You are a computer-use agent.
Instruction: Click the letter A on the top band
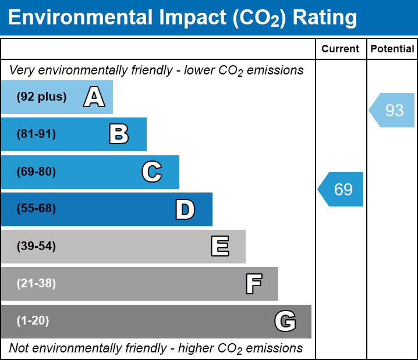(x=94, y=97)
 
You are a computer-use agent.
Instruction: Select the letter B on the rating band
(x=119, y=134)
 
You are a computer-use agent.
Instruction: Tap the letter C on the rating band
(x=151, y=172)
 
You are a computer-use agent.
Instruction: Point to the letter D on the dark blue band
(x=185, y=209)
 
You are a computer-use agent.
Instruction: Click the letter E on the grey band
(x=219, y=247)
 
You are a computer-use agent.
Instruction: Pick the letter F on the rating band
(x=253, y=284)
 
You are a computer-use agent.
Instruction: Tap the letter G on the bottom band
(x=285, y=321)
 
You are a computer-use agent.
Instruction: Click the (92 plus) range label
(x=41, y=97)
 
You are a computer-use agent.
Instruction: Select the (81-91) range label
(x=36, y=134)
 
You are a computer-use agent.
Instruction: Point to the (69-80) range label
(x=36, y=172)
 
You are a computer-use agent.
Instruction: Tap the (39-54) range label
(x=36, y=247)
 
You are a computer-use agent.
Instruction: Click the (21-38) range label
(x=36, y=284)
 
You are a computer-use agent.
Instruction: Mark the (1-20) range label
(x=33, y=321)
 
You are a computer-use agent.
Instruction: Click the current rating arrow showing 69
(x=342, y=189)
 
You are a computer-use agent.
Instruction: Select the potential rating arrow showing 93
(x=393, y=110)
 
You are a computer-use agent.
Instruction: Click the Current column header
(x=341, y=49)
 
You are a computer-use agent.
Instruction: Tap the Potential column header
(x=392, y=49)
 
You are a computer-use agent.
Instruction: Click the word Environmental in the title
(x=78, y=18)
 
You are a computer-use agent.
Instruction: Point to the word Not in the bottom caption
(x=19, y=348)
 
